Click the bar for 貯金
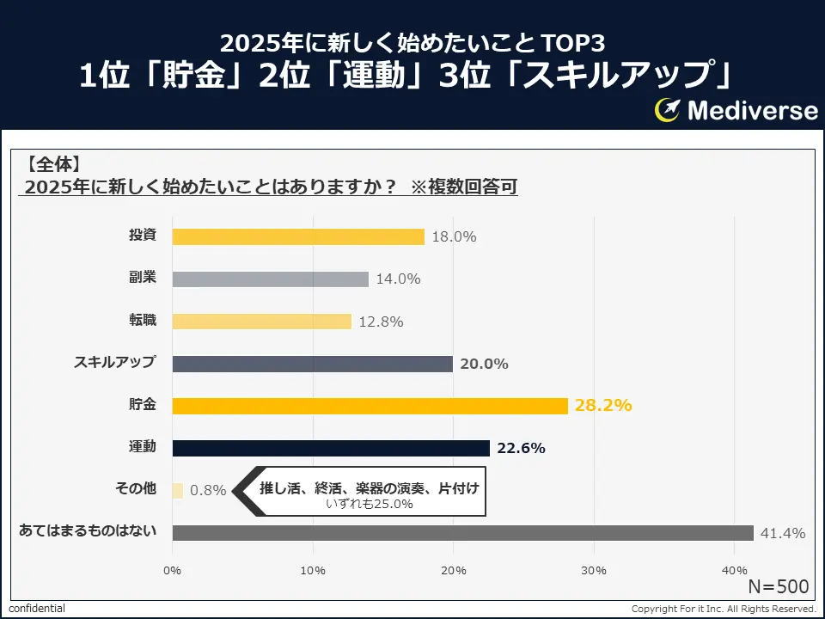[370, 406]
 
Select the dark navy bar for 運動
[331, 448]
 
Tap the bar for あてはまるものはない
[462, 532]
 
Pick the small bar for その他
[178, 490]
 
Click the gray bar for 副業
[270, 279]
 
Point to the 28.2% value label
[603, 405]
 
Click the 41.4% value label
[783, 533]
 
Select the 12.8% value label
[381, 322]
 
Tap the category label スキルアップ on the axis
[114, 362]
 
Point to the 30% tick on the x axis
[594, 570]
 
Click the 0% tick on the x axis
[172, 570]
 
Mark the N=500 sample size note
[778, 586]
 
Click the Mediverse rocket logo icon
[668, 109]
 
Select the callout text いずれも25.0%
[370, 504]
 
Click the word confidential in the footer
[37, 609]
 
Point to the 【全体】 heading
[53, 163]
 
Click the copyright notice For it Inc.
[723, 609]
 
